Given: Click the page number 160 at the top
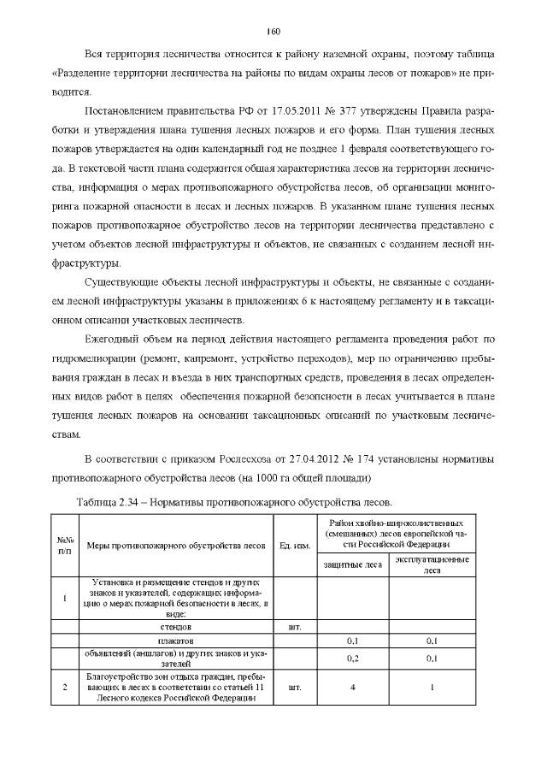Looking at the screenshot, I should pos(273,32).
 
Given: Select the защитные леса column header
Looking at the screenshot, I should pos(351,564).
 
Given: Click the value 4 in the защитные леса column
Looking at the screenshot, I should pos(351,687).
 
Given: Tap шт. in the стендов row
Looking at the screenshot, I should pos(295,626).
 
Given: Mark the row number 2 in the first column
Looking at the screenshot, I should pos(65,687).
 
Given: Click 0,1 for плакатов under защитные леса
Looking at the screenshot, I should pos(351,640).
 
